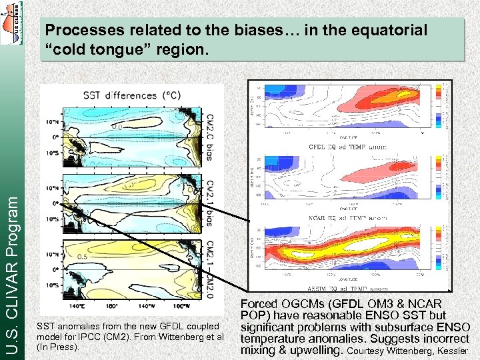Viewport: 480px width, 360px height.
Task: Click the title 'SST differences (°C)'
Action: coord(120,95)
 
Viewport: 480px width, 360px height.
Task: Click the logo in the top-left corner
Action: coord(11,23)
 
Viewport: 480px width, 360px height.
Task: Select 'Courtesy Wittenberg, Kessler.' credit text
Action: coord(409,350)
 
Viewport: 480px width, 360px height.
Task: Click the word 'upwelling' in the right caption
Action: coord(317,349)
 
